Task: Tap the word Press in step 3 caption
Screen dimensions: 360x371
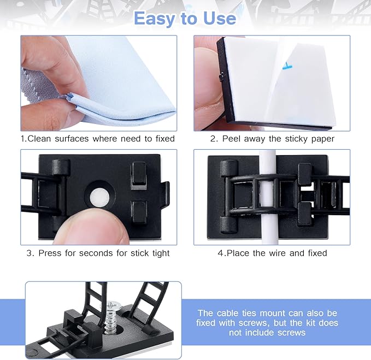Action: coord(50,253)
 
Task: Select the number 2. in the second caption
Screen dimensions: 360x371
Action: coord(214,139)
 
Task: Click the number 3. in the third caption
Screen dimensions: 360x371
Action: coord(30,253)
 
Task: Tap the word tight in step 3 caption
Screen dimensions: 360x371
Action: coord(159,253)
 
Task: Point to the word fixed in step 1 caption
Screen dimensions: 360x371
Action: coord(162,139)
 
